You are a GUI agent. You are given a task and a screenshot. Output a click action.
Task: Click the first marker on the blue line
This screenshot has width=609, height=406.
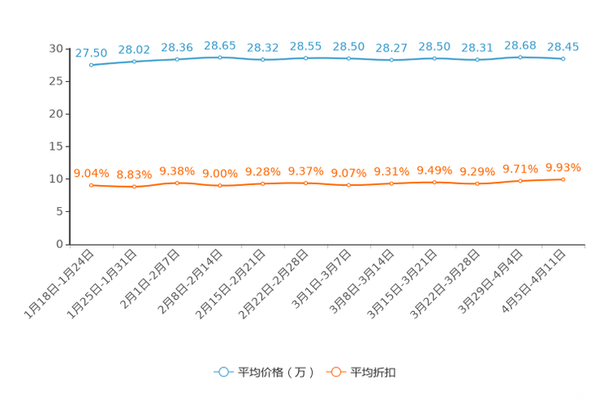(x=91, y=65)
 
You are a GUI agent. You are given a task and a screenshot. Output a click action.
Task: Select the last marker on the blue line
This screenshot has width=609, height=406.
(x=563, y=59)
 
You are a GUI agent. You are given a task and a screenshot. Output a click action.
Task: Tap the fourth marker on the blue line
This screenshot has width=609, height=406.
(x=219, y=57)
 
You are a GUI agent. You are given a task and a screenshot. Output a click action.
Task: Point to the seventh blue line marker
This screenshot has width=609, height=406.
(x=349, y=58)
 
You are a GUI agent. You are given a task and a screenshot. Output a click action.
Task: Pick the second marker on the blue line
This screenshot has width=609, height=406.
(x=133, y=61)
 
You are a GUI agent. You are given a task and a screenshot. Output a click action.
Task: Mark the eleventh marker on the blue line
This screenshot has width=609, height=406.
(x=521, y=56)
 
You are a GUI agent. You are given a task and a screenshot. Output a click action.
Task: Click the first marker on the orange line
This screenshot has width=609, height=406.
(x=91, y=185)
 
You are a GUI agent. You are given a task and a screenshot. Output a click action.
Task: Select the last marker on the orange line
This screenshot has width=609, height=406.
(x=563, y=178)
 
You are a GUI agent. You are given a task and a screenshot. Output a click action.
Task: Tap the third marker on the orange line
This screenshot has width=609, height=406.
(x=177, y=183)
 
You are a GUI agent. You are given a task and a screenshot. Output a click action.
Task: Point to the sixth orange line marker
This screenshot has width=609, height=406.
(x=305, y=183)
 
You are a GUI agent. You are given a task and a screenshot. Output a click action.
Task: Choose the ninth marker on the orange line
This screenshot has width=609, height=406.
(x=435, y=183)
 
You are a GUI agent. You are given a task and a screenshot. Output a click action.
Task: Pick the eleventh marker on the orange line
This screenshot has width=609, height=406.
(x=521, y=180)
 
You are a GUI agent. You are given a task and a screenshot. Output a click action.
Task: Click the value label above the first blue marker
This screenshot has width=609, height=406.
(x=91, y=52)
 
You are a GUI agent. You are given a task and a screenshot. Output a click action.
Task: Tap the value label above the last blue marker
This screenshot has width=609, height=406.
(x=563, y=47)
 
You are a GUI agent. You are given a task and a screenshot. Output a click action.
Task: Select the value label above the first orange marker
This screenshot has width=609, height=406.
(x=91, y=173)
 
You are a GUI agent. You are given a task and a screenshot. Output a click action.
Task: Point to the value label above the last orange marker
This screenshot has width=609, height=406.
(x=563, y=167)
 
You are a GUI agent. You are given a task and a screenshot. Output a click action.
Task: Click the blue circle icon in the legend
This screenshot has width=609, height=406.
(x=223, y=372)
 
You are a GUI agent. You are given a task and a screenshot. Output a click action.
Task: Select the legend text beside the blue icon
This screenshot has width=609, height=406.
(x=275, y=372)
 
